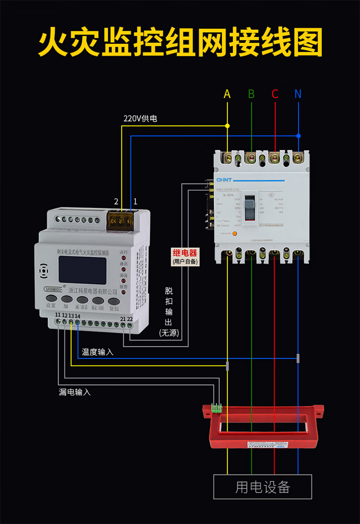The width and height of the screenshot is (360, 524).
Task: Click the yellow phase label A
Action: pyautogui.click(x=227, y=94)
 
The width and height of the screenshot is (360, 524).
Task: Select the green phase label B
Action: pyautogui.click(x=251, y=94)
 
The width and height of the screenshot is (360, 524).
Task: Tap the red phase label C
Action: pyautogui.click(x=275, y=94)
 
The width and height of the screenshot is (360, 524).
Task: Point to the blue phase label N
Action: pyautogui.click(x=298, y=94)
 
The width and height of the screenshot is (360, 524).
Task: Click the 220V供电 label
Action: pyautogui.click(x=140, y=118)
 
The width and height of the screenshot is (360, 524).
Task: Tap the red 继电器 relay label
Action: pyautogui.click(x=185, y=253)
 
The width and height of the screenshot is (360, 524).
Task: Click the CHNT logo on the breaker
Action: pyautogui.click(x=224, y=180)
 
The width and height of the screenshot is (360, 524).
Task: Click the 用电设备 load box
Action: pyautogui.click(x=263, y=487)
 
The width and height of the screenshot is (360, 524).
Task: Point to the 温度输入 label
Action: pyautogui.click(x=97, y=352)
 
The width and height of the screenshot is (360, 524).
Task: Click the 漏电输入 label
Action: pyautogui.click(x=74, y=392)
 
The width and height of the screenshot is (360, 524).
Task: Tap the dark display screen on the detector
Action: pyautogui.click(x=82, y=269)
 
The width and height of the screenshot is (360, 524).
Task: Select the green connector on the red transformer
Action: pyautogui.click(x=216, y=408)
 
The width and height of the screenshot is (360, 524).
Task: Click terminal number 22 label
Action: pyautogui.click(x=130, y=318)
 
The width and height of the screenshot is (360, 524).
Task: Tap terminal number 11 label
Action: pyautogui.click(x=58, y=315)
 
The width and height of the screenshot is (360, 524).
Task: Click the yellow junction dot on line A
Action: pyautogui.click(x=228, y=126)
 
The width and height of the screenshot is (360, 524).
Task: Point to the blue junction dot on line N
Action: pyautogui.click(x=299, y=135)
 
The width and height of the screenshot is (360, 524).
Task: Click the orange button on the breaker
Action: pyautogui.click(x=235, y=234)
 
